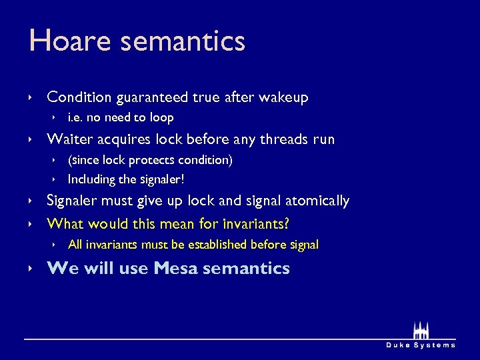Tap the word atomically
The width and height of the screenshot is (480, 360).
(x=317, y=201)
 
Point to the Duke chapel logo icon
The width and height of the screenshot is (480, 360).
(x=421, y=330)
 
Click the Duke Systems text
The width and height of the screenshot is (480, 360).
(x=421, y=345)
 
